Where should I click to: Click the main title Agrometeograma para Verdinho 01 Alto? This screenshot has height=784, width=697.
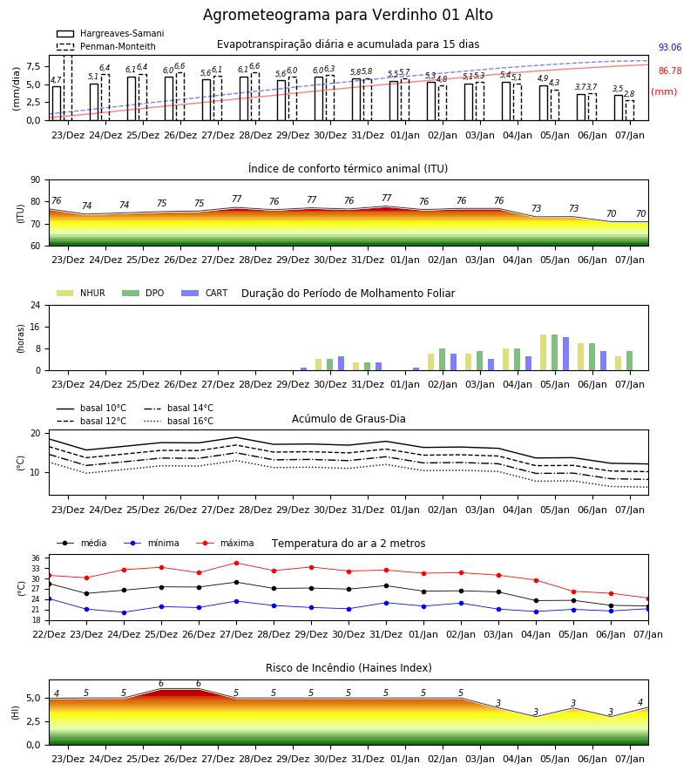click(x=348, y=15)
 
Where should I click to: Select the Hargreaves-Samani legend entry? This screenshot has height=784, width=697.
click(x=111, y=33)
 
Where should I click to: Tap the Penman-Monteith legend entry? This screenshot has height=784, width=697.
click(x=106, y=46)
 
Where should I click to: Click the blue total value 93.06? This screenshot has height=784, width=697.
click(x=670, y=48)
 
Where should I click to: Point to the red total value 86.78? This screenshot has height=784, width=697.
click(x=670, y=71)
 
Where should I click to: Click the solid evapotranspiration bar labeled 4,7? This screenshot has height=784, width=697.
click(x=57, y=104)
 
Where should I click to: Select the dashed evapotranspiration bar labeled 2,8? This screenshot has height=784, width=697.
click(x=630, y=111)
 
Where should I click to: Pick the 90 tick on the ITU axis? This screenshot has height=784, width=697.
click(x=36, y=180)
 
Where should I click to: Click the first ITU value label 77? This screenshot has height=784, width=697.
click(x=236, y=199)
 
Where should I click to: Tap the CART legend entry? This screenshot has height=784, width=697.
click(x=205, y=293)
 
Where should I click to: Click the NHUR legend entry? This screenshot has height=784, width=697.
click(x=81, y=293)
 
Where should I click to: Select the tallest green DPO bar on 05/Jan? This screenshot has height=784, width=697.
click(x=554, y=353)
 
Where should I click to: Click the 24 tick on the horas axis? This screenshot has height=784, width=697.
click(x=36, y=306)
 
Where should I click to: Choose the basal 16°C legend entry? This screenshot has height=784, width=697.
click(x=179, y=422)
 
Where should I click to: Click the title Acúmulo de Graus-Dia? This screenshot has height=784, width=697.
click(x=348, y=419)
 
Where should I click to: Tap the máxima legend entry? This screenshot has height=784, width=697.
click(x=226, y=543)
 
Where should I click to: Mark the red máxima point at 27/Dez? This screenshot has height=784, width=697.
click(x=236, y=563)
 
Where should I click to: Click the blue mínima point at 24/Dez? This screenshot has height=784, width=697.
click(x=124, y=612)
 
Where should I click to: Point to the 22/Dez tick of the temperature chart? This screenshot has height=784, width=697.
click(x=49, y=634)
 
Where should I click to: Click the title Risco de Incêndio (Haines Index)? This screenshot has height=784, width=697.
click(x=348, y=668)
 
